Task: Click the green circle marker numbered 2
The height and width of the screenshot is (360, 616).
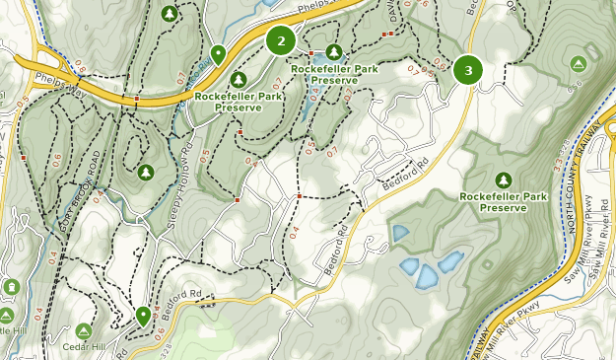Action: point(281,40)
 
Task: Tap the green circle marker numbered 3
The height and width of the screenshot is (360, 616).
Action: point(467,70)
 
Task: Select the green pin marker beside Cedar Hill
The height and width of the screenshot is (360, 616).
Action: point(144,316)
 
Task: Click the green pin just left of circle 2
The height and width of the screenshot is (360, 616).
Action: point(217,52)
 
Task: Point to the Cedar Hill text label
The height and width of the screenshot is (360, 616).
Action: point(84,347)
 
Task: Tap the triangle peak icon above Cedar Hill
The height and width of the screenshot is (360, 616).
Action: point(83,331)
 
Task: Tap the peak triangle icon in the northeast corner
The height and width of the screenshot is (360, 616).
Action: point(578,63)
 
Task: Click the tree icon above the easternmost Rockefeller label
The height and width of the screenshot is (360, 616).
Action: point(504,180)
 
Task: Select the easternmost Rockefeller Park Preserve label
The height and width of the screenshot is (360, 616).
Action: point(504,201)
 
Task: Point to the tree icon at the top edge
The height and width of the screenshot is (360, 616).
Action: point(170,14)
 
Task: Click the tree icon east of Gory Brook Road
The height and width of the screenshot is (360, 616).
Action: point(146,173)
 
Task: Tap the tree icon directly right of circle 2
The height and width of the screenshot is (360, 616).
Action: point(333,51)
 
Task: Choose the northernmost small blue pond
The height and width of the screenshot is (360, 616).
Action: point(400,234)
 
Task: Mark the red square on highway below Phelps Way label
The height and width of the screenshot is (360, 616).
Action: point(136,100)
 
